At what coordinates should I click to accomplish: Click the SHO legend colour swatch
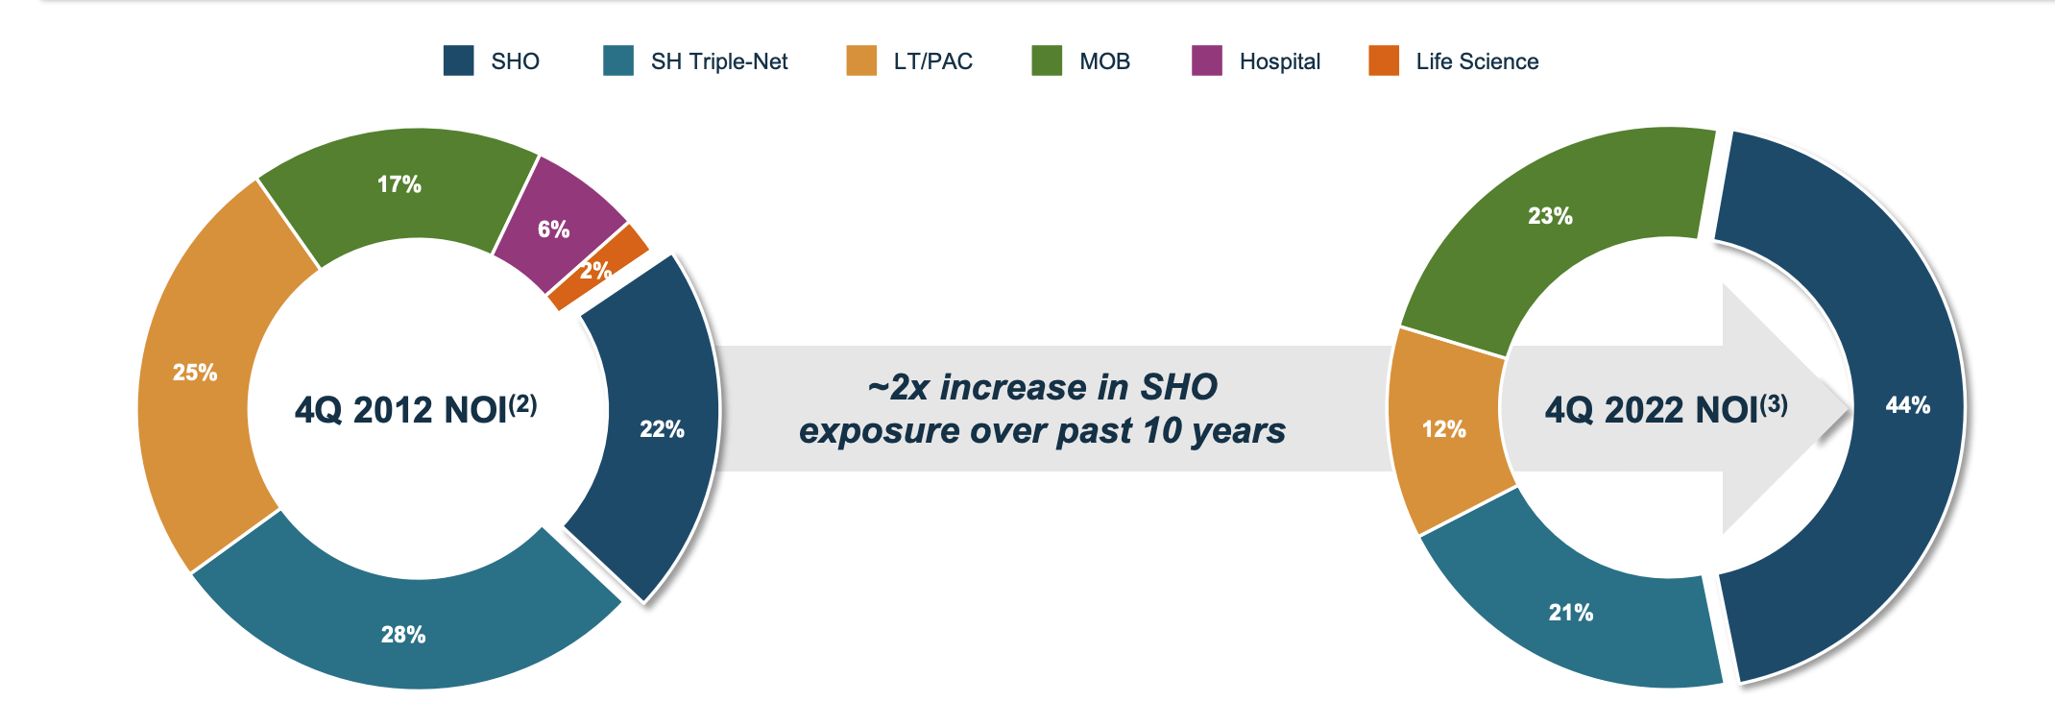pyautogui.click(x=458, y=60)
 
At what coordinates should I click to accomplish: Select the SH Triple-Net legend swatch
pyautogui.click(x=618, y=60)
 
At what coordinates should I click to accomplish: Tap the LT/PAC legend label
pyautogui.click(x=932, y=61)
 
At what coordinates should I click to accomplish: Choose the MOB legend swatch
pyautogui.click(x=1047, y=60)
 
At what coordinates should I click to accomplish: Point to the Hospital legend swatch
pyautogui.click(x=1207, y=60)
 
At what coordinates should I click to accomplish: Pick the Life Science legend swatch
pyautogui.click(x=1384, y=60)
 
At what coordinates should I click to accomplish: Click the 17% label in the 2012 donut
pyautogui.click(x=399, y=184)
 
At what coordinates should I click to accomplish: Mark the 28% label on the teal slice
pyautogui.click(x=403, y=635)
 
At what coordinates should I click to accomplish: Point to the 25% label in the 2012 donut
pyautogui.click(x=195, y=373)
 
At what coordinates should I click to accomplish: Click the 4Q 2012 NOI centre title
pyautogui.click(x=416, y=409)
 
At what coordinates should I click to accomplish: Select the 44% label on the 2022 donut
pyautogui.click(x=1908, y=405)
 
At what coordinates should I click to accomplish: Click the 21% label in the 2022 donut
pyautogui.click(x=1571, y=613)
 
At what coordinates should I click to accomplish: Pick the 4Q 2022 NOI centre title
pyautogui.click(x=1666, y=409)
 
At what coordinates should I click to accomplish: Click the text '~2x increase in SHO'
pyautogui.click(x=1043, y=387)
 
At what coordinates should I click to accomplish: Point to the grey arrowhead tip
pyautogui.click(x=1850, y=408)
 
